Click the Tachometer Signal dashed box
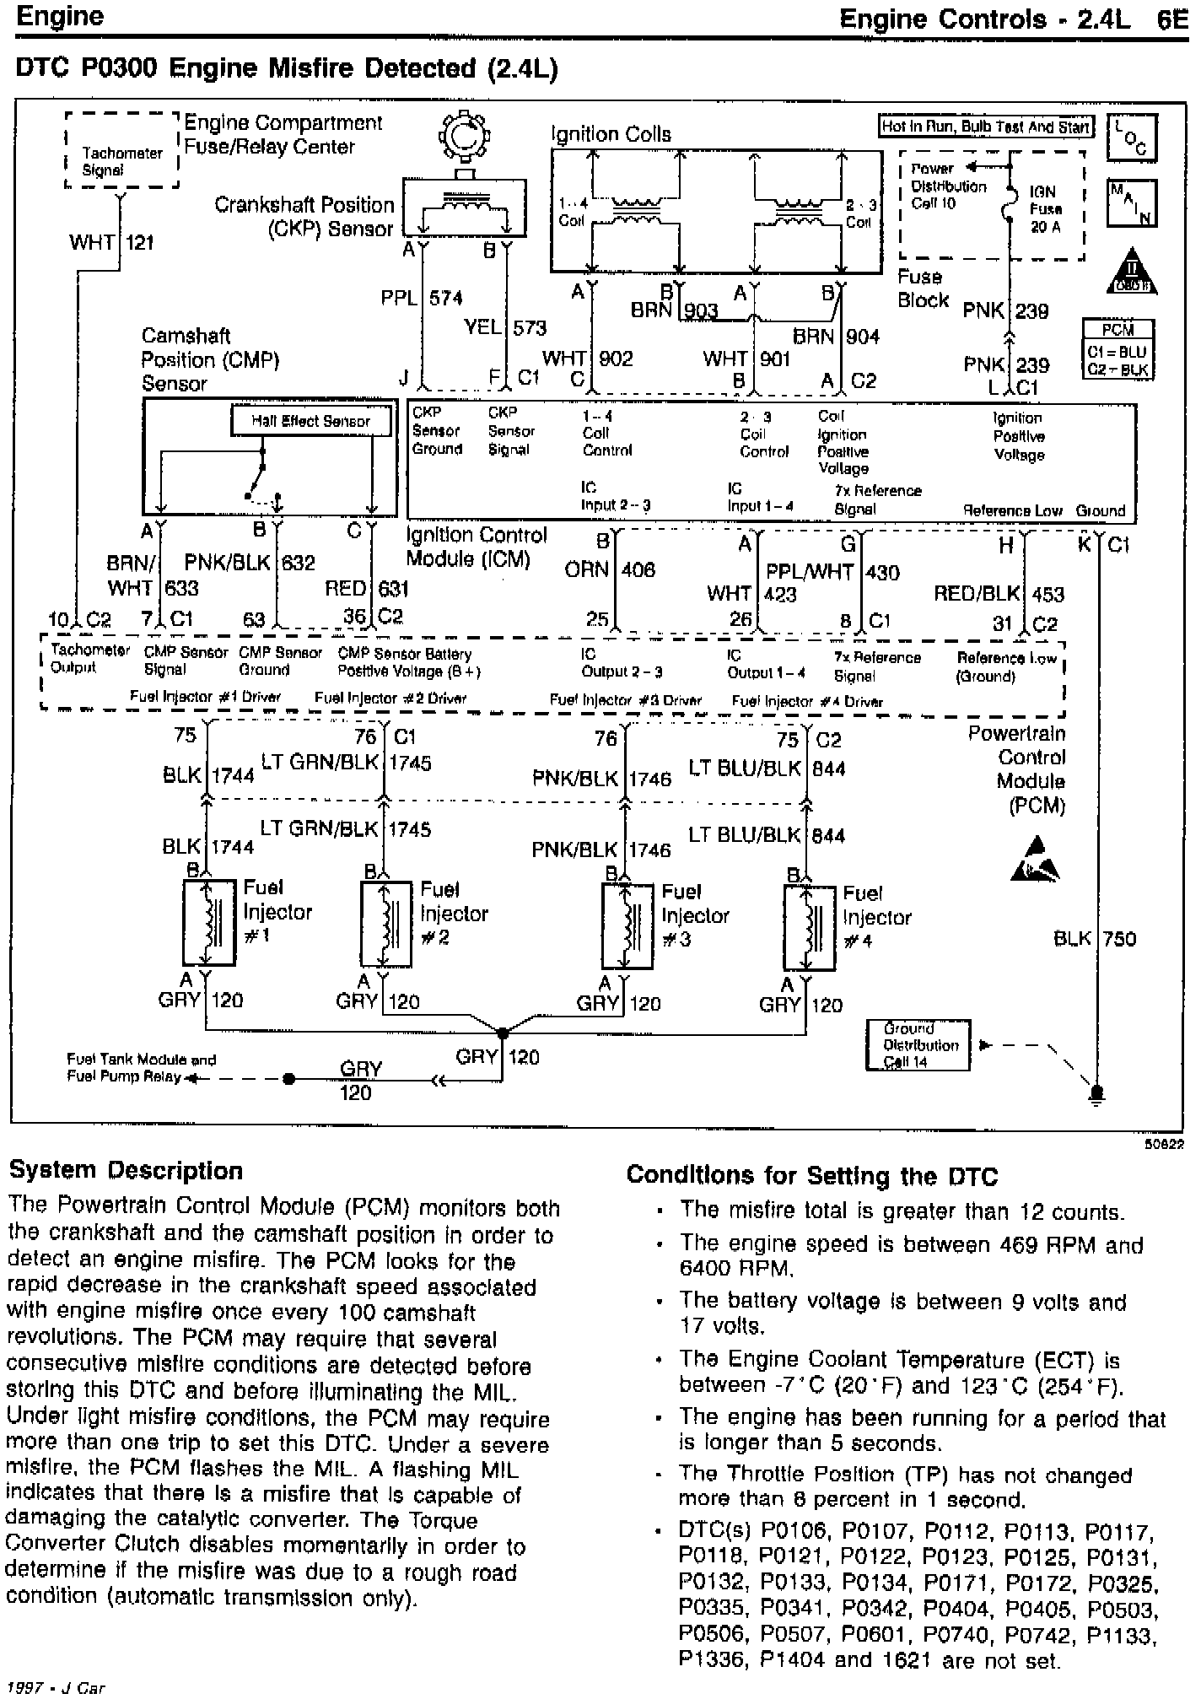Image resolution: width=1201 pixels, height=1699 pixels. point(122,153)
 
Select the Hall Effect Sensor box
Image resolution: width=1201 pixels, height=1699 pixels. point(311,421)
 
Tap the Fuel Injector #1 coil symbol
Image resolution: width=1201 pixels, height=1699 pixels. point(208,923)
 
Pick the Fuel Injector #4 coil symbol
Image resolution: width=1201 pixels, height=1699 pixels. point(810,928)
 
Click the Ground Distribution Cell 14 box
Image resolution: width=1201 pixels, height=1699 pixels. point(918,1045)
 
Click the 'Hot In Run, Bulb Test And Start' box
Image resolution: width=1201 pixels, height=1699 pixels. point(986,127)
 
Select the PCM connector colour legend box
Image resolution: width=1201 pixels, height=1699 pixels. point(1118,349)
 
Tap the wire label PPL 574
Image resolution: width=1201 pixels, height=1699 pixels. point(422,298)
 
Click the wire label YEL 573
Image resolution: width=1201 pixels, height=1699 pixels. point(505,327)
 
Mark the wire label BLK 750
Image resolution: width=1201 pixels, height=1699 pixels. point(1095,938)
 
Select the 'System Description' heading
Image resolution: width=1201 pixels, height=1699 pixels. point(125,1171)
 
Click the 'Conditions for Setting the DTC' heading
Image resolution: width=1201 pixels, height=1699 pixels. point(811,1176)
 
